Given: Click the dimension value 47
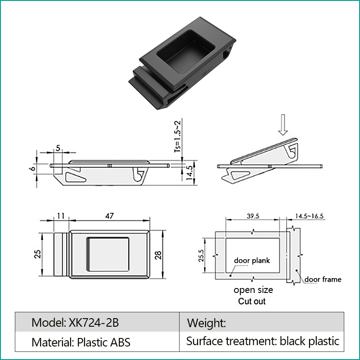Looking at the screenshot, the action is click(109, 216).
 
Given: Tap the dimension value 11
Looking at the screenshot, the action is click(61, 216).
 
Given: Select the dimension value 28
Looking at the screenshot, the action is click(158, 255).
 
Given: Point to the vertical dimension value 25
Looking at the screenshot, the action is click(38, 254).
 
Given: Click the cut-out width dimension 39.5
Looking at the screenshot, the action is click(253, 216).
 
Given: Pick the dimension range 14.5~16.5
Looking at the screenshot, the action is click(309, 216).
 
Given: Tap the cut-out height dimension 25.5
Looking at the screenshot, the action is click(201, 256).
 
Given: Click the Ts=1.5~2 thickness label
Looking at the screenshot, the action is click(177, 136).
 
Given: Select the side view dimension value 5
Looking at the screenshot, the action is click(58, 148).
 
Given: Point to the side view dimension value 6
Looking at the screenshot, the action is click(33, 168).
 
